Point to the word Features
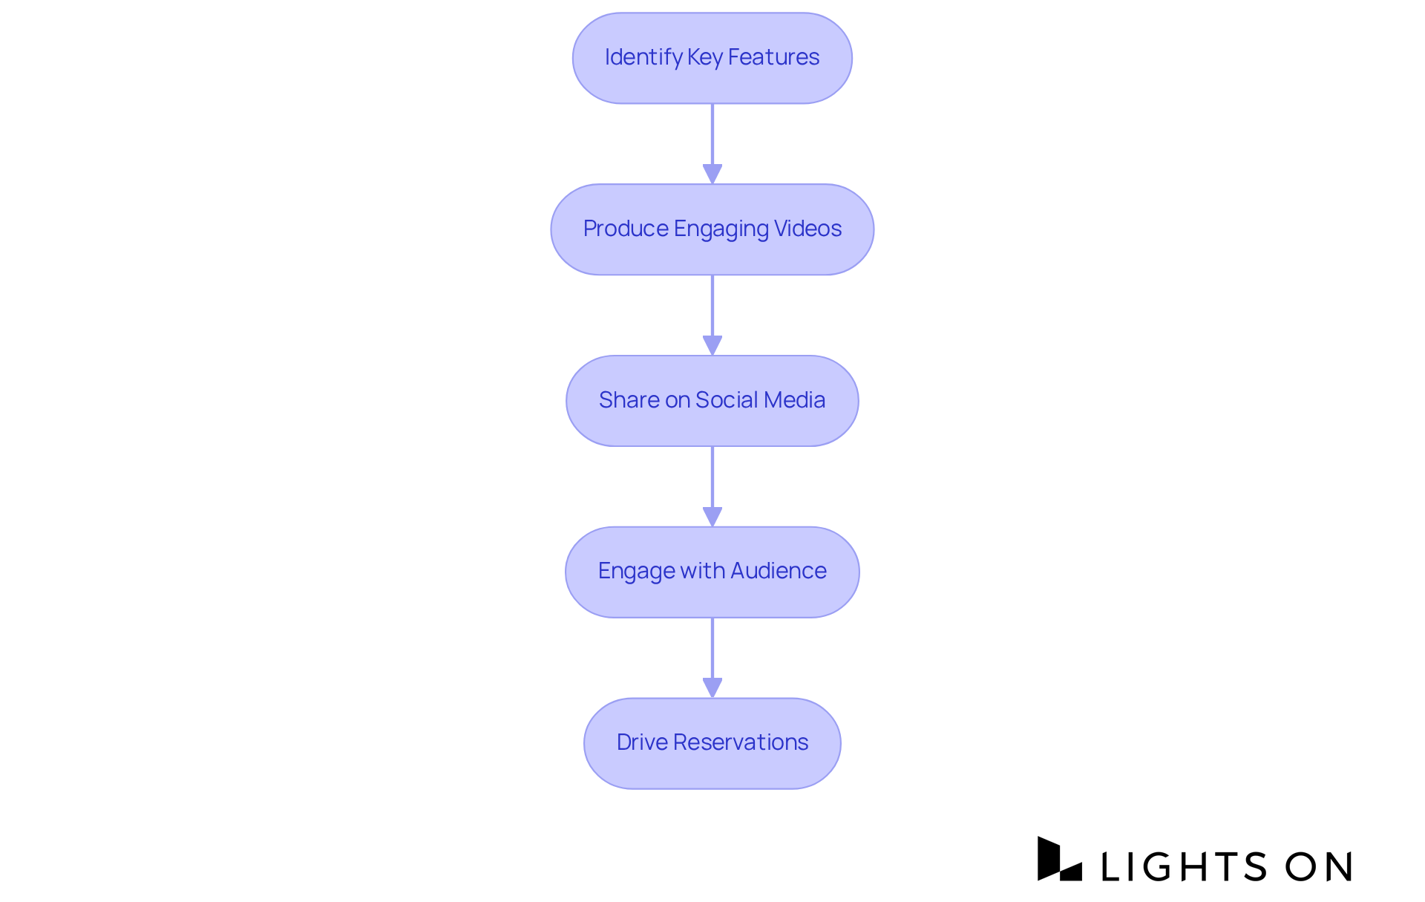[773, 57]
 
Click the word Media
[794, 400]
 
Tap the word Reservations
[741, 742]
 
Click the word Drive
[642, 742]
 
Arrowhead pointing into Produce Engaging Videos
[712, 174]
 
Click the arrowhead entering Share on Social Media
[712, 346]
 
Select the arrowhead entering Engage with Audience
[712, 517]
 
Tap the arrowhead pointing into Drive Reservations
[712, 688]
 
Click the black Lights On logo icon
[1059, 860]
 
